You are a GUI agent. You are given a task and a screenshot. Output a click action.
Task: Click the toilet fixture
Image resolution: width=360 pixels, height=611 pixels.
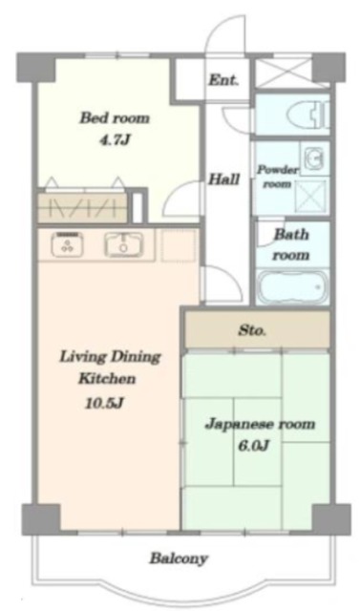click(308, 115)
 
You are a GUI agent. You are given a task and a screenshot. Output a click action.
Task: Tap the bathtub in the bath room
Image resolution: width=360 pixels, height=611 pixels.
click(292, 287)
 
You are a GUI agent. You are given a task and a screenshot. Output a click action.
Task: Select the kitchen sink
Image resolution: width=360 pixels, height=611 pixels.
click(123, 245)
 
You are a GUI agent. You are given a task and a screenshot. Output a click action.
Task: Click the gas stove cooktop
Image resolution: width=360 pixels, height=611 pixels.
click(67, 244)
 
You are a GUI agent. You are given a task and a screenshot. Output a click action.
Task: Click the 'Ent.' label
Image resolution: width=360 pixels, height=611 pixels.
click(223, 80)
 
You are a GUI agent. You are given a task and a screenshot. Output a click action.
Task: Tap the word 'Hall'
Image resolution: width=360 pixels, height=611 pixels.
click(223, 179)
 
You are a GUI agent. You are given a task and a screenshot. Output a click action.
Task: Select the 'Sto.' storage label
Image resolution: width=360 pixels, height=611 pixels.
click(252, 331)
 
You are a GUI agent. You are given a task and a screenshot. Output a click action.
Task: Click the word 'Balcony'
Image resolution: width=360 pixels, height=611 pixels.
click(179, 558)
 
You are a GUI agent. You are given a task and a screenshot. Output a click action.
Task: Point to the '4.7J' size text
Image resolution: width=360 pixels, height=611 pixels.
click(114, 140)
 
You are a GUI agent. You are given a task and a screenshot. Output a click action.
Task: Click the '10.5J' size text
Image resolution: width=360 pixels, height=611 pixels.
click(104, 403)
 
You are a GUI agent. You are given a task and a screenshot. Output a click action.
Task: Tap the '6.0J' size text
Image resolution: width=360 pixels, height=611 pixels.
click(253, 446)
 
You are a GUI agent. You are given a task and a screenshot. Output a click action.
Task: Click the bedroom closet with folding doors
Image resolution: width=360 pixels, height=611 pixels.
click(82, 206)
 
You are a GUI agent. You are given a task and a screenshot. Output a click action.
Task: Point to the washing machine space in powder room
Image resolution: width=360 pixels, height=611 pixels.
click(310, 198)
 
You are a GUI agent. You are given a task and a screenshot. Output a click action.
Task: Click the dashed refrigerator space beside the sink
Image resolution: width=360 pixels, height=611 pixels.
click(178, 245)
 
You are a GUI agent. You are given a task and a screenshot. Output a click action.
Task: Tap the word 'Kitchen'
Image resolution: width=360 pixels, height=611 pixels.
click(107, 378)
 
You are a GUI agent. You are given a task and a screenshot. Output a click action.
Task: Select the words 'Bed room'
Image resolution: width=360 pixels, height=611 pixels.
click(115, 117)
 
